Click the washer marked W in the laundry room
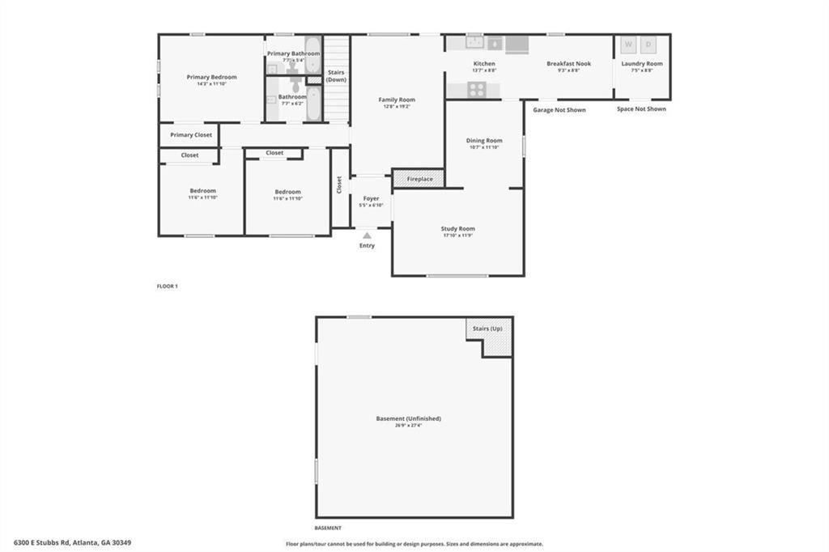coord(628,44)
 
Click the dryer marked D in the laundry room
coord(648,44)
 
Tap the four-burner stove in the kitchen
coord(477,90)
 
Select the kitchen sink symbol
coord(474,42)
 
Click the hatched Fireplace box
coord(419,179)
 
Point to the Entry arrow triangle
coord(367,236)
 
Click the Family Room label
coord(397,100)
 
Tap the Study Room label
coord(458,229)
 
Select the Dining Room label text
coord(484,141)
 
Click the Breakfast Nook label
coord(568,63)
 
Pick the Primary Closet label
coord(191,135)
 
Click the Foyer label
coord(371,198)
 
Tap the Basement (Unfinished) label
coord(409,418)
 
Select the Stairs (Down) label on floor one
coord(336,76)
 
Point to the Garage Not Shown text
coord(559,109)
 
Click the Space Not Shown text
coord(641,108)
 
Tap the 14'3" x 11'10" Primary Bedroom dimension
coord(211,83)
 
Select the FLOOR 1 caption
coord(167,286)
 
